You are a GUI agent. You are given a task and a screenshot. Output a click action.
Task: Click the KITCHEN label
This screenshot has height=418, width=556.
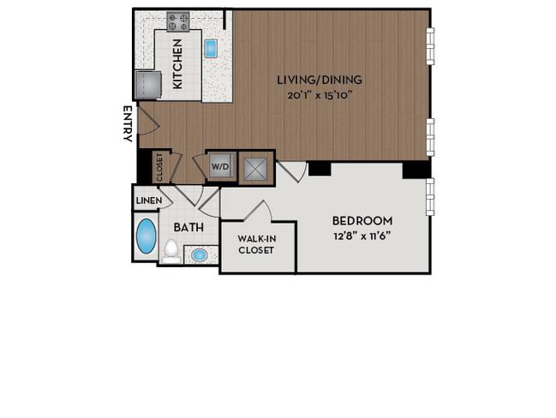(x=177, y=64)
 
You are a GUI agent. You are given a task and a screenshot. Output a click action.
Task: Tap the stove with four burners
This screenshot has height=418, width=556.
(x=178, y=21)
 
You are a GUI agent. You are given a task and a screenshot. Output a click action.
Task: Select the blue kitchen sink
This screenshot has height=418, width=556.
(x=211, y=49)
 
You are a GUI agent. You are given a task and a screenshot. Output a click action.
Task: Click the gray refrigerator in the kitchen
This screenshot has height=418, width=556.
(x=148, y=85)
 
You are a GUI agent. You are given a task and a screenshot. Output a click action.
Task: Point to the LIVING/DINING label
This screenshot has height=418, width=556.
(x=320, y=80)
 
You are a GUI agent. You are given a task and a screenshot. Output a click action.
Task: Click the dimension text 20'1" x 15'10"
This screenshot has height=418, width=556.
(x=320, y=95)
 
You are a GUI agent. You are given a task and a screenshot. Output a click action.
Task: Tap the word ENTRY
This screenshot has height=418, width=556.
(x=128, y=123)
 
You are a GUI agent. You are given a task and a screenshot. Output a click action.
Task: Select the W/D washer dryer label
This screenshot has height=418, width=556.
(x=220, y=167)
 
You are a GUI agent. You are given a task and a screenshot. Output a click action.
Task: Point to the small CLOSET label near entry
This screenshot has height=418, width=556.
(x=159, y=167)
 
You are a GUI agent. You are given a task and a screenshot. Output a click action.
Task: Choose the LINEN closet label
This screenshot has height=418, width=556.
(x=149, y=200)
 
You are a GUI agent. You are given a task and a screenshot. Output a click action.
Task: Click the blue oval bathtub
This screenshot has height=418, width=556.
(x=146, y=236)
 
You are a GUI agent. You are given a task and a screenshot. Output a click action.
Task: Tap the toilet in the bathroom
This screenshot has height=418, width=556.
(x=171, y=251)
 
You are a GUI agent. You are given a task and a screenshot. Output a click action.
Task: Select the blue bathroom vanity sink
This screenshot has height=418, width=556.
(x=199, y=255)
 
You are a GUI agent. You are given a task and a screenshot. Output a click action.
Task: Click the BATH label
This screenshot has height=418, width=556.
(x=188, y=227)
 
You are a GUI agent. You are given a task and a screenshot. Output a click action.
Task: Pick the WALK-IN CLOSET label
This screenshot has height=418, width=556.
(x=256, y=245)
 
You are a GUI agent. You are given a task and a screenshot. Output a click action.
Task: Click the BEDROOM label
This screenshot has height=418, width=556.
(x=362, y=221)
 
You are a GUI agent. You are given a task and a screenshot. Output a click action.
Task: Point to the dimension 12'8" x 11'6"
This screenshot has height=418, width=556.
(x=362, y=236)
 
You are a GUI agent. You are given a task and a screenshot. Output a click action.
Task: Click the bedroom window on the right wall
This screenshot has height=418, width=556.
(x=430, y=197)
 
